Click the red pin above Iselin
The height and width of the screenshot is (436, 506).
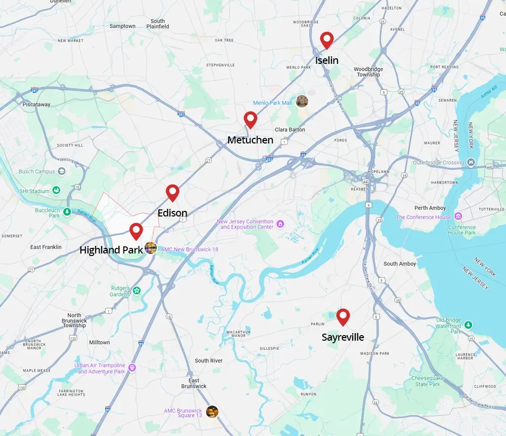(x=327, y=40)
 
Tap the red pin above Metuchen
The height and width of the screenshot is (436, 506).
(x=250, y=119)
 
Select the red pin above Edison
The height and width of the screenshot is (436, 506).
(x=173, y=192)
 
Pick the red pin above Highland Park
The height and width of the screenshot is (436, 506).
(x=136, y=231)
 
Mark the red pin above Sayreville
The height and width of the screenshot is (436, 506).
(x=343, y=316)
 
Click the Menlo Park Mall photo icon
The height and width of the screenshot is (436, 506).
(x=302, y=101)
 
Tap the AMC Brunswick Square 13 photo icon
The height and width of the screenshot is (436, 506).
(x=212, y=412)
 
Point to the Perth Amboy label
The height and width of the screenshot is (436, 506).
(x=430, y=208)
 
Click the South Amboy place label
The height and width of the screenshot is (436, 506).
(x=400, y=264)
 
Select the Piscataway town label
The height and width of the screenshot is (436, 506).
(x=36, y=104)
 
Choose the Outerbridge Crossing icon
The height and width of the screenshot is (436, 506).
(x=471, y=163)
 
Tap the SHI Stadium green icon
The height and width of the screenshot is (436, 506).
(x=56, y=191)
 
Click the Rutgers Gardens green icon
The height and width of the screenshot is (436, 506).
(x=136, y=291)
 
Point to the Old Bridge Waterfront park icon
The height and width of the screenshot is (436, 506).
(x=469, y=324)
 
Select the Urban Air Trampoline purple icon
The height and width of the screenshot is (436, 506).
(x=132, y=368)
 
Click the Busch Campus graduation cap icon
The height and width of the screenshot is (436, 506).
(x=62, y=171)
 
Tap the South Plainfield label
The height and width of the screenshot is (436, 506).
(x=157, y=24)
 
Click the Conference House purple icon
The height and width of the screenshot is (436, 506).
(x=457, y=217)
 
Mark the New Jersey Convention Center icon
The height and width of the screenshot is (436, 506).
(x=280, y=224)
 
